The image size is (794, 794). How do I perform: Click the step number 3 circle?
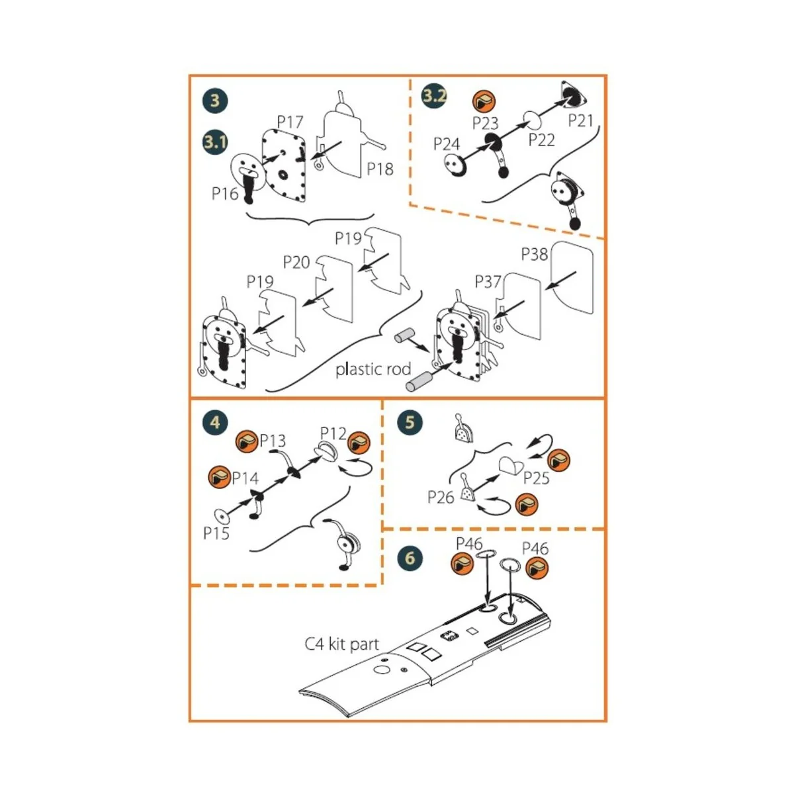click(x=214, y=101)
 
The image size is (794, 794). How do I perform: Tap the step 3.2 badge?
click(x=434, y=95)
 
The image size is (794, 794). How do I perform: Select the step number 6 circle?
click(x=410, y=558)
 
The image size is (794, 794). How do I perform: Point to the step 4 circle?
click(x=214, y=422)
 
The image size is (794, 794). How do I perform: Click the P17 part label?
click(x=290, y=122)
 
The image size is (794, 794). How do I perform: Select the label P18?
click(x=380, y=169)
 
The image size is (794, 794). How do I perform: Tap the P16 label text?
click(x=225, y=193)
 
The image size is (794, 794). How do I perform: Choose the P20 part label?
click(x=296, y=262)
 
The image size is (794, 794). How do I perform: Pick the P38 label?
click(x=535, y=254)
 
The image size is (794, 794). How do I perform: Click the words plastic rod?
click(x=373, y=369)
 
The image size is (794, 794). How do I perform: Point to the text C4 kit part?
click(x=341, y=644)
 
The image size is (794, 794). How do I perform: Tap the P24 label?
click(x=447, y=144)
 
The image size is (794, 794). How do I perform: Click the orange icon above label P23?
click(x=484, y=102)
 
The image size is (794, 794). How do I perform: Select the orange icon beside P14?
click(x=219, y=476)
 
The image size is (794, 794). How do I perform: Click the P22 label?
click(x=541, y=140)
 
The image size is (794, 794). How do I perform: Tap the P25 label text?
click(x=536, y=478)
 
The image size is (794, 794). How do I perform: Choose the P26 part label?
click(x=441, y=497)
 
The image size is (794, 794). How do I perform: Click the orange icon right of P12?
click(x=359, y=441)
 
